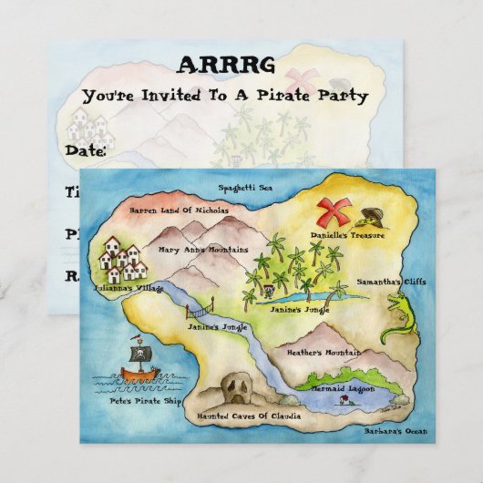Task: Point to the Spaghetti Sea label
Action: click(246, 189)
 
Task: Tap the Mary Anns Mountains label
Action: click(202, 249)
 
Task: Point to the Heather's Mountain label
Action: click(298, 352)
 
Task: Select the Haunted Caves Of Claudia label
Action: click(243, 416)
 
